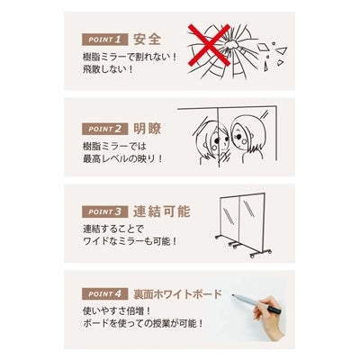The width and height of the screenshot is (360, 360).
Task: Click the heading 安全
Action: pos(147,40)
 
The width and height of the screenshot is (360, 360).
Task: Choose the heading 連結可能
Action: pos(160,212)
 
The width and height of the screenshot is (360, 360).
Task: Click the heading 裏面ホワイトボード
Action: pos(179,293)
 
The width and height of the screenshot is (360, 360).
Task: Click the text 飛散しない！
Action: pos(106,68)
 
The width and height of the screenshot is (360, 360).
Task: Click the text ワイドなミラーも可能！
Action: pos(130,242)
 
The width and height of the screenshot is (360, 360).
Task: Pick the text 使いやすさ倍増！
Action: pos(113,310)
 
